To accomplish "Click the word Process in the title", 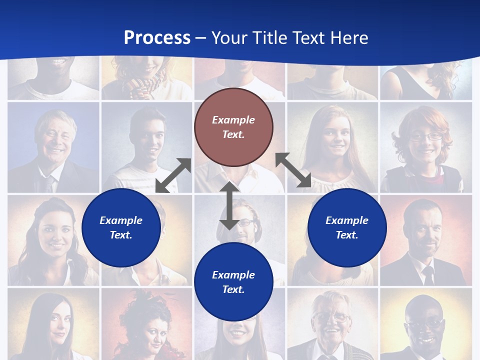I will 157,38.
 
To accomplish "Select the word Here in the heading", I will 347,38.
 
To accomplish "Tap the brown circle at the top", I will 233,127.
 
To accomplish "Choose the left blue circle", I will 121,227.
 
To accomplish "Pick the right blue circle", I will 347,227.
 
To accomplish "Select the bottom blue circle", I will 233,282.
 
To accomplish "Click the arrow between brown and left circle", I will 173,175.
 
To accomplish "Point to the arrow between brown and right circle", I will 293,170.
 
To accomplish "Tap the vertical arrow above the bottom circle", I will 229,205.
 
